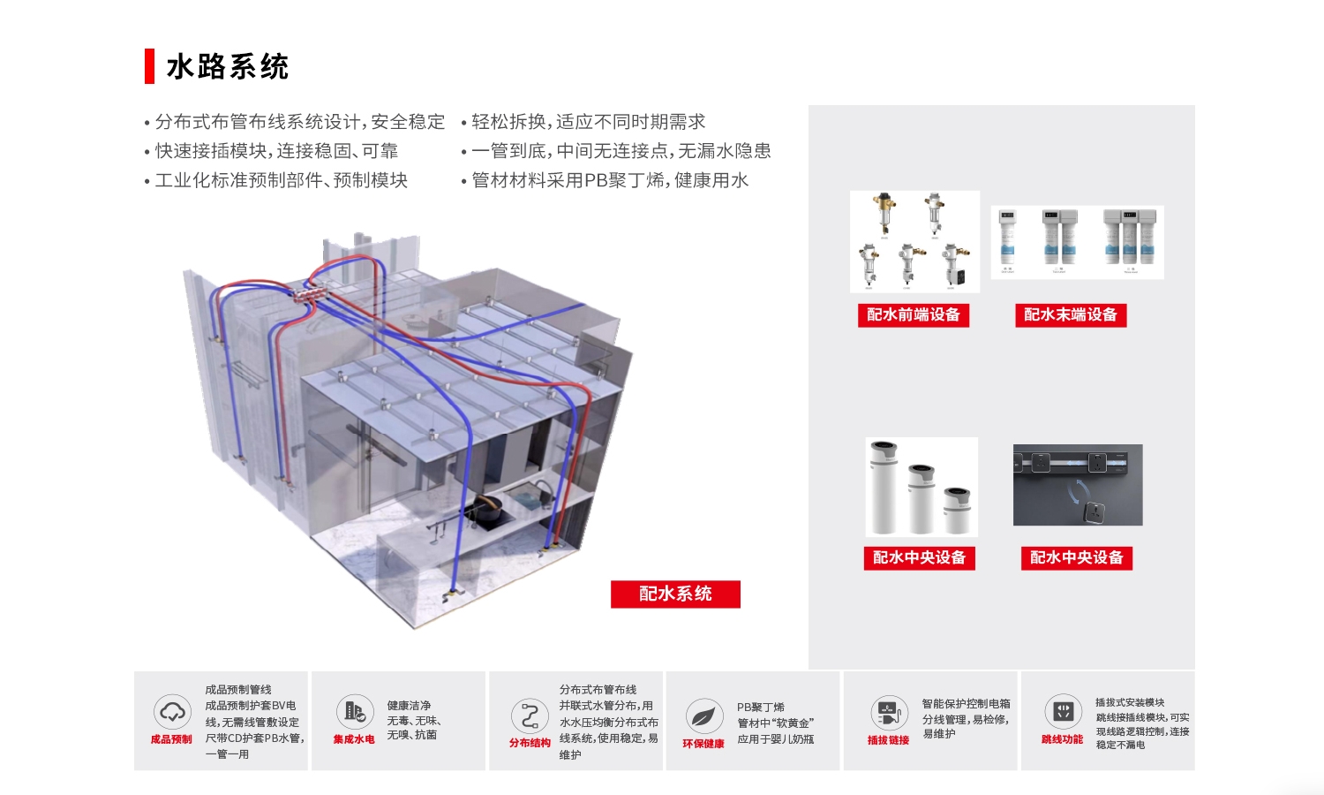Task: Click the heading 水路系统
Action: coord(227,67)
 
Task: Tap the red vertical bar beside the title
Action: coord(149,66)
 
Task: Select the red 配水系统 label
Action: coord(675,594)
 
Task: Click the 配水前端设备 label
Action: coord(914,315)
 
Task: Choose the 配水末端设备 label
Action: coord(1071,315)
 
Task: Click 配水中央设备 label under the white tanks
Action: coord(919,558)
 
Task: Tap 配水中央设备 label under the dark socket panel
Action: coord(1077,558)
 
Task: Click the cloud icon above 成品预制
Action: coord(171,712)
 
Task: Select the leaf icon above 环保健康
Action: coord(703,716)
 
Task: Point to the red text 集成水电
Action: coord(354,739)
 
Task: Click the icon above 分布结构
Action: coord(530,716)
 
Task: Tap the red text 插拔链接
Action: coord(888,740)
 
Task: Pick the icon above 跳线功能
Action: coord(1063,711)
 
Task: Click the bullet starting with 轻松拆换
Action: coord(588,122)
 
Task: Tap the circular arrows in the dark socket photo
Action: coord(1079,491)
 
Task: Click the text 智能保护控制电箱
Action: coord(966,704)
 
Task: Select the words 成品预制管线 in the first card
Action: coord(238,690)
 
